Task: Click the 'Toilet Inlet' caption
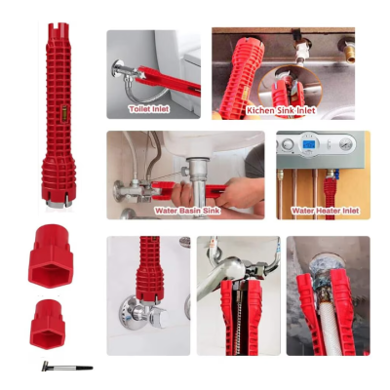[149, 109]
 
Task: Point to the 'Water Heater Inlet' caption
[324, 210]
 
